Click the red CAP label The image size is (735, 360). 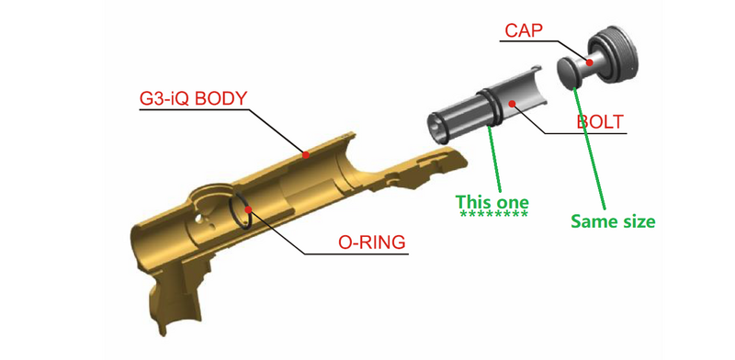click(x=523, y=31)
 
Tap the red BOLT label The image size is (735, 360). click(x=600, y=121)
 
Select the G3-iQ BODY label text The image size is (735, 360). click(x=194, y=98)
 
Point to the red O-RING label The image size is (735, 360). click(x=372, y=242)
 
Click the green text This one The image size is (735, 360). click(x=492, y=202)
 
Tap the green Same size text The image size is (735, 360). click(x=613, y=220)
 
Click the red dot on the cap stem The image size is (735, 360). click(x=590, y=62)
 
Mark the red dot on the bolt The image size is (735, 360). click(x=513, y=103)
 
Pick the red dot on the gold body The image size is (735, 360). click(x=306, y=154)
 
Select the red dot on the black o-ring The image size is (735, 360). click(x=248, y=209)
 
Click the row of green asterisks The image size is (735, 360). click(x=494, y=215)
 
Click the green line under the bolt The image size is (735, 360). click(x=495, y=159)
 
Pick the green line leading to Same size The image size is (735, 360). click(x=590, y=149)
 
